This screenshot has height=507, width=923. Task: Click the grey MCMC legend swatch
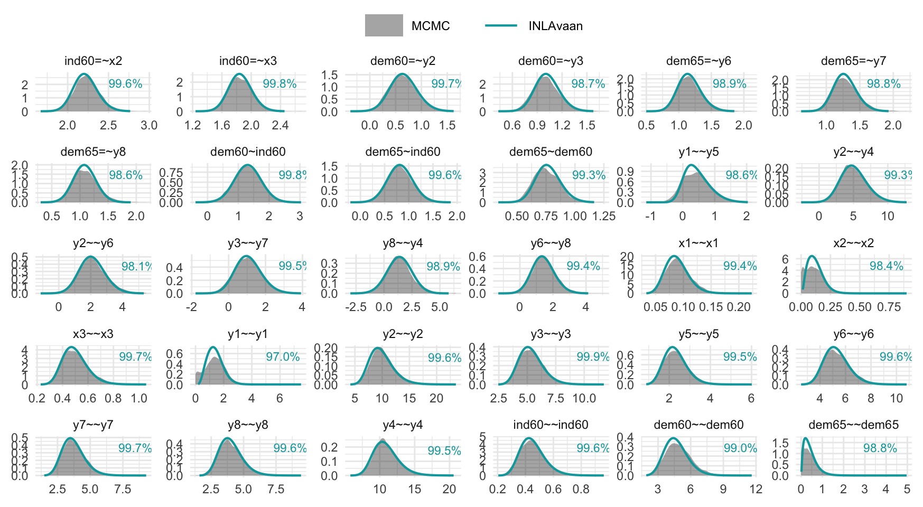[384, 25]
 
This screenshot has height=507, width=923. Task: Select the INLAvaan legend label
[555, 26]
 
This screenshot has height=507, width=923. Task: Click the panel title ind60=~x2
[93, 61]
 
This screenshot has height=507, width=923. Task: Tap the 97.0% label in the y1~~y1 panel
[283, 357]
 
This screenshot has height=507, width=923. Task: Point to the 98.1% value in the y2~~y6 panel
[136, 266]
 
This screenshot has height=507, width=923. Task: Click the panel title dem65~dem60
[551, 152]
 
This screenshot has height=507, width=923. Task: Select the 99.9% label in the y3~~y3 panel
[593, 357]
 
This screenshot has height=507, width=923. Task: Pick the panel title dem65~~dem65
[853, 425]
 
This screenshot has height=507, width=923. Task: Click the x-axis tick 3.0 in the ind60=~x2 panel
[149, 126]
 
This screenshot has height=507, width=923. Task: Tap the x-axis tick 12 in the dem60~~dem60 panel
[756, 489]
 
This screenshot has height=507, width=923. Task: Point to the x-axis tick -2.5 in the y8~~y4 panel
[356, 307]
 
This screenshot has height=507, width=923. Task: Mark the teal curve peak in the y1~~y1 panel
[213, 348]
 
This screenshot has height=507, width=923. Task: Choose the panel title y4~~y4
[403, 425]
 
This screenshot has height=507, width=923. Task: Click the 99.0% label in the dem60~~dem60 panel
[740, 448]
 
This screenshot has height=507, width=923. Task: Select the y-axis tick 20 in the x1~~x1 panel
[627, 257]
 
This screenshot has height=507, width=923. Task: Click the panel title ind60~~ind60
[551, 425]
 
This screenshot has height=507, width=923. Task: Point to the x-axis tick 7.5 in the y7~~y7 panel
[123, 489]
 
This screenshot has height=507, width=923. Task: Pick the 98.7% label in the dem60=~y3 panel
[588, 84]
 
